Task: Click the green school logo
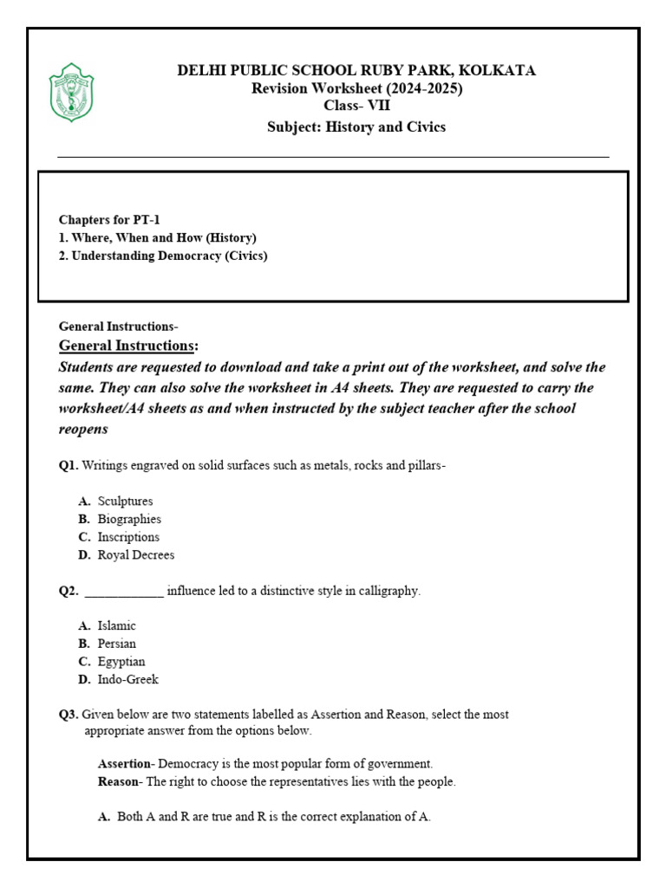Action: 71,92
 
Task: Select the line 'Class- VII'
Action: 356,107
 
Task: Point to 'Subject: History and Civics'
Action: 356,127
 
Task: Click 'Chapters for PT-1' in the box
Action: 109,220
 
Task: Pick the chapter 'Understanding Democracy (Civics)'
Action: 163,256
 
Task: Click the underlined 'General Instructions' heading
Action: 125,346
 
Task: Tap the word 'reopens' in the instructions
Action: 83,429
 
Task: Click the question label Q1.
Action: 69,465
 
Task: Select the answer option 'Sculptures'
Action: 125,502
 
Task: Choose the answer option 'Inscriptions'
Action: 128,537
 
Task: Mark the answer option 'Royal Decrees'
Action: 136,555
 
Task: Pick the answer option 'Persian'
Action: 117,644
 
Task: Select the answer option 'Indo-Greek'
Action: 128,680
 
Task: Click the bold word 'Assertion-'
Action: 127,764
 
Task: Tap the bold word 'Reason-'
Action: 119,782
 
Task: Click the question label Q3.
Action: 69,715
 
